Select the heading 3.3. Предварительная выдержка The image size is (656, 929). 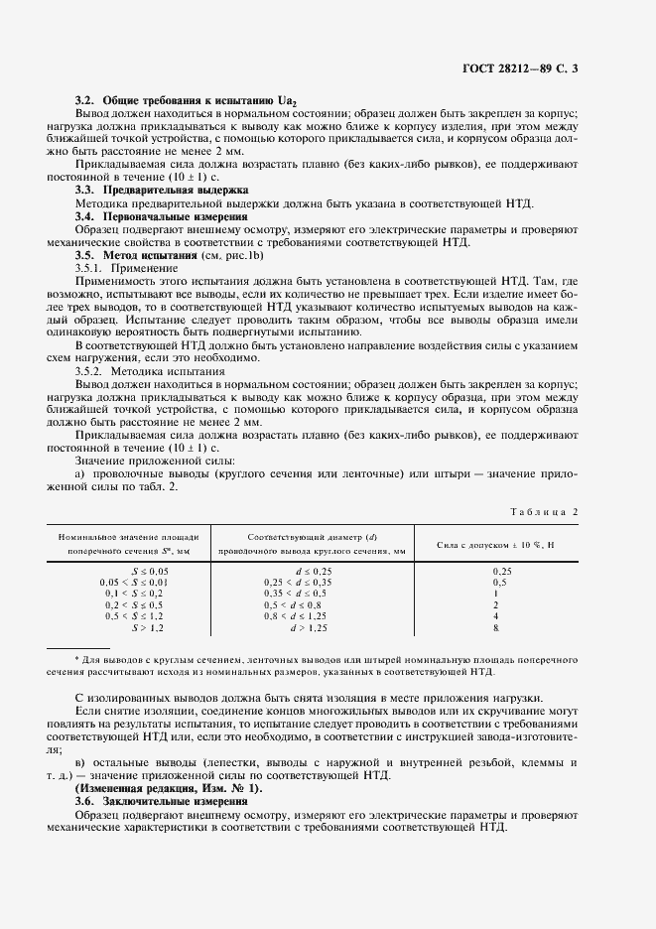coord(162,189)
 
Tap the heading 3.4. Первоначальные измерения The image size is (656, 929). coord(162,216)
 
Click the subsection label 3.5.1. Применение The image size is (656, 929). coord(126,268)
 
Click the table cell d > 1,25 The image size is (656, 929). coord(309,628)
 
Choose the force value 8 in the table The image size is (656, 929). coord(494,628)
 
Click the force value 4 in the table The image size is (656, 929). coord(494,616)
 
